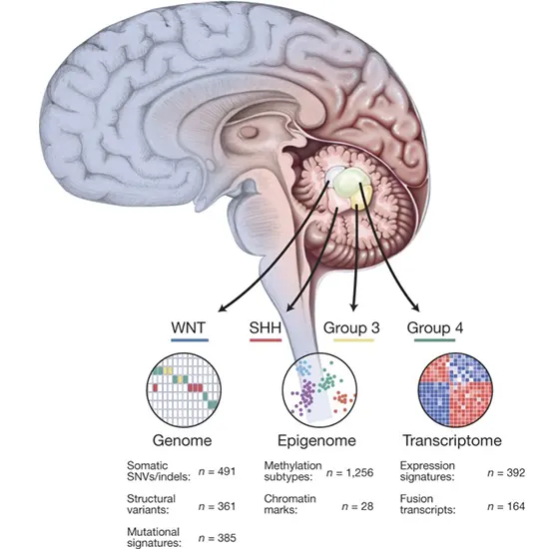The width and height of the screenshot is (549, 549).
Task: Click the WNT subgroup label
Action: click(188, 326)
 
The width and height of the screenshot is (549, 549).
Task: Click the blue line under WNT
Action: click(188, 341)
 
